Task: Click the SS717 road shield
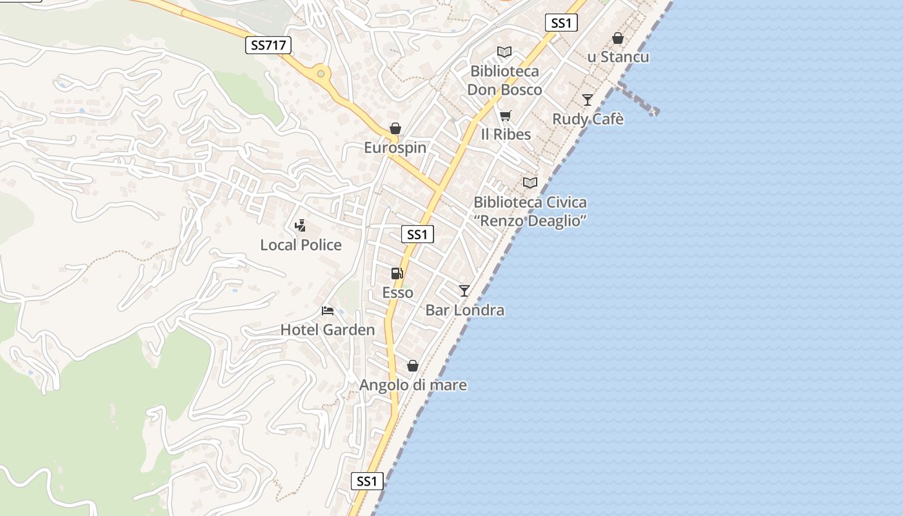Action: tap(268, 45)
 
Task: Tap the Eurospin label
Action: tap(395, 148)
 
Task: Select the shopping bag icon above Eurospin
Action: tap(395, 129)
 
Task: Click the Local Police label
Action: tap(301, 245)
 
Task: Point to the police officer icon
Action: tap(300, 226)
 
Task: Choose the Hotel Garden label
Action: tap(327, 330)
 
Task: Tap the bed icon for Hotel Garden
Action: tap(328, 311)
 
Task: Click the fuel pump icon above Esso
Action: tap(397, 273)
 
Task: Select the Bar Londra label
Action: tap(464, 310)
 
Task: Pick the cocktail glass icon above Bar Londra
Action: tap(464, 291)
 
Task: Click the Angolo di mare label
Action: tap(413, 385)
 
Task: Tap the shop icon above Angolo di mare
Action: tap(413, 366)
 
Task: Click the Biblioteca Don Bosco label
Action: tap(504, 80)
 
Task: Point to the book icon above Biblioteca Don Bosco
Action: tap(504, 52)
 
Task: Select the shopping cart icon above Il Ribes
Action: tap(505, 116)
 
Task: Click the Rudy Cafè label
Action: tap(588, 119)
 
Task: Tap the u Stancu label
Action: tap(618, 57)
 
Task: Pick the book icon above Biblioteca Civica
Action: tap(530, 183)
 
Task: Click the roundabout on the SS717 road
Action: tap(321, 74)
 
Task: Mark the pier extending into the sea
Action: tap(639, 100)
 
